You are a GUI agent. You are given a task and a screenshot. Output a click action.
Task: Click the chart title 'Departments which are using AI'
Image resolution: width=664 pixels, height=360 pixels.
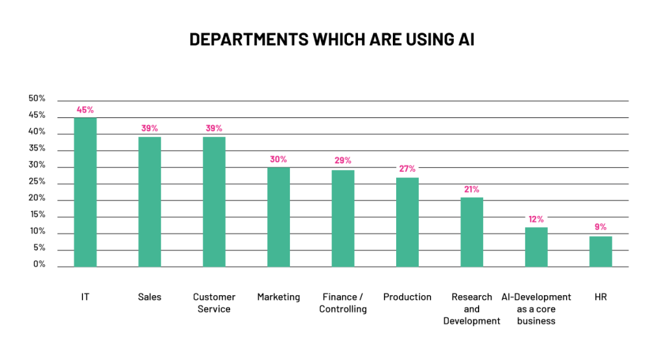[x=331, y=40]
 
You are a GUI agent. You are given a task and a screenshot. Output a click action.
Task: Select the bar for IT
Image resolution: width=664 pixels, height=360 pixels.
[x=85, y=192]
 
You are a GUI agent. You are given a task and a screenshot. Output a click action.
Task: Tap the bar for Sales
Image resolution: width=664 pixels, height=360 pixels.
[x=150, y=202]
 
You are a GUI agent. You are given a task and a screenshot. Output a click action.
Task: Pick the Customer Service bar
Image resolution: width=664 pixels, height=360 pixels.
[x=214, y=202]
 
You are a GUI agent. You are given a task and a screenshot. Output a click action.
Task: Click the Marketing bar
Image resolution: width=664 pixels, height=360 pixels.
[x=278, y=217]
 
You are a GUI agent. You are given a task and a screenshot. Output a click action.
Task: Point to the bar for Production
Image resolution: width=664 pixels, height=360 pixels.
[x=407, y=222]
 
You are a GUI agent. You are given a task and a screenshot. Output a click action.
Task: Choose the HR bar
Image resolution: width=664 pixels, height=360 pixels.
[x=600, y=251]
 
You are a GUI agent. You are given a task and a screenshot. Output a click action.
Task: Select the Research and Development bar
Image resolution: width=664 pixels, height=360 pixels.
[x=471, y=232]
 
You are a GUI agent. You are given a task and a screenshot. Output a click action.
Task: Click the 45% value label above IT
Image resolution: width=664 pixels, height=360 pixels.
[x=85, y=110]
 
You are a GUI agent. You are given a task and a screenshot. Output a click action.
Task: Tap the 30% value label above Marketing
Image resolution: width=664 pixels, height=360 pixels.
[x=278, y=159]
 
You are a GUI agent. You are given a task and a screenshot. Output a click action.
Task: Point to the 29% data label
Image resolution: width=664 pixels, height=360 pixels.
[x=343, y=160]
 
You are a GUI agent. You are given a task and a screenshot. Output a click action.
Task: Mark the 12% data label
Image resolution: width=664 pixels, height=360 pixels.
[x=536, y=219]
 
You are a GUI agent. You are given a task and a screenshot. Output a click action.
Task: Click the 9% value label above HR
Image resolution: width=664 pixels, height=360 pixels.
[x=600, y=226]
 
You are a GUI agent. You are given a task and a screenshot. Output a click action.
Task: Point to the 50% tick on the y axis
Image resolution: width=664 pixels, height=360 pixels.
[x=37, y=99]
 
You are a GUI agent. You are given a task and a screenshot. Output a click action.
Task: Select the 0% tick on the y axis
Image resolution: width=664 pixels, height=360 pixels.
[x=40, y=265]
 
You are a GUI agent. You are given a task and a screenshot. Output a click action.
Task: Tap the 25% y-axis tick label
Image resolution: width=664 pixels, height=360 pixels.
[x=37, y=182]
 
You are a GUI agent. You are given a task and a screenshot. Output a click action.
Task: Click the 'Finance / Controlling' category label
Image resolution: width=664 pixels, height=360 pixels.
[x=343, y=303]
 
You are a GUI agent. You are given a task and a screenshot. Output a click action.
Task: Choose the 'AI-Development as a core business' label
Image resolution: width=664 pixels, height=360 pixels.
[x=536, y=309]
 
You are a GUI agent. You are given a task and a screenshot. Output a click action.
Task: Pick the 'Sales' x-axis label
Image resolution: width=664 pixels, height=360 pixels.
[x=150, y=297]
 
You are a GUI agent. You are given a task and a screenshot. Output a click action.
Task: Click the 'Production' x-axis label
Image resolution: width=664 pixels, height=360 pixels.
[x=407, y=297]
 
